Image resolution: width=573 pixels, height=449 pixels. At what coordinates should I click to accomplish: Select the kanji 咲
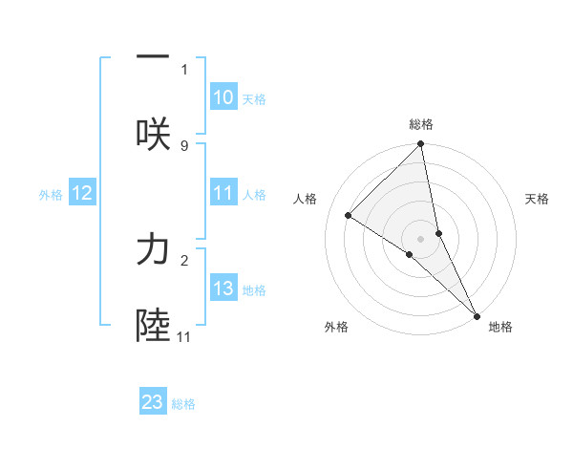[x=153, y=134]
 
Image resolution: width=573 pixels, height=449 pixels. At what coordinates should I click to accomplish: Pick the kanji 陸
[x=153, y=326]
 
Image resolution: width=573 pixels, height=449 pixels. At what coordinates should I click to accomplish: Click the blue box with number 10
[x=223, y=97]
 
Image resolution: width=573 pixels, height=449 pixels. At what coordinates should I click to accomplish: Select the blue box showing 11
[x=223, y=194]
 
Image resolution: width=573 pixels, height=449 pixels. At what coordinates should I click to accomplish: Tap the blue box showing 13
[x=223, y=289]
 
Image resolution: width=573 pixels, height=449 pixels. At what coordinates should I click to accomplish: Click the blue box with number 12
[x=82, y=194]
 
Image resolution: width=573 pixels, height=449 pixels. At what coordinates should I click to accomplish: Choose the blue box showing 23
[x=153, y=402]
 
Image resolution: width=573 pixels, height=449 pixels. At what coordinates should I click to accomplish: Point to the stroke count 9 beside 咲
[x=184, y=145]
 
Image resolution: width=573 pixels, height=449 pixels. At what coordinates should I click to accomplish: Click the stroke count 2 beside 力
[x=184, y=260]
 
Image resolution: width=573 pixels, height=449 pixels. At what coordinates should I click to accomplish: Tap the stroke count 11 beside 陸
[x=184, y=336]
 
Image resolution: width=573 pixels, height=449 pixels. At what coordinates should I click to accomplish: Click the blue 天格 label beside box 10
[x=254, y=98]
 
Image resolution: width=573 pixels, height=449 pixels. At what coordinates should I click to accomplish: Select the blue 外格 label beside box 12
[x=51, y=195]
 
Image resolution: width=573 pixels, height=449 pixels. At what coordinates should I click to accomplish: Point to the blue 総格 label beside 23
[x=183, y=403]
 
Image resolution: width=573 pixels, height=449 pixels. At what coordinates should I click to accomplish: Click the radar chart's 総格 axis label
[x=421, y=124]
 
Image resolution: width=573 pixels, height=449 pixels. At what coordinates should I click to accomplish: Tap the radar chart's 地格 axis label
[x=500, y=327]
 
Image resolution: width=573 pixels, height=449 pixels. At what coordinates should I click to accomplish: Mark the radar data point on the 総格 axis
[x=421, y=145]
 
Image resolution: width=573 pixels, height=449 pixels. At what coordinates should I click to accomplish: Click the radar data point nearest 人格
[x=349, y=215]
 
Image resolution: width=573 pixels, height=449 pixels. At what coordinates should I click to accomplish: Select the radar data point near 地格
[x=477, y=315]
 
